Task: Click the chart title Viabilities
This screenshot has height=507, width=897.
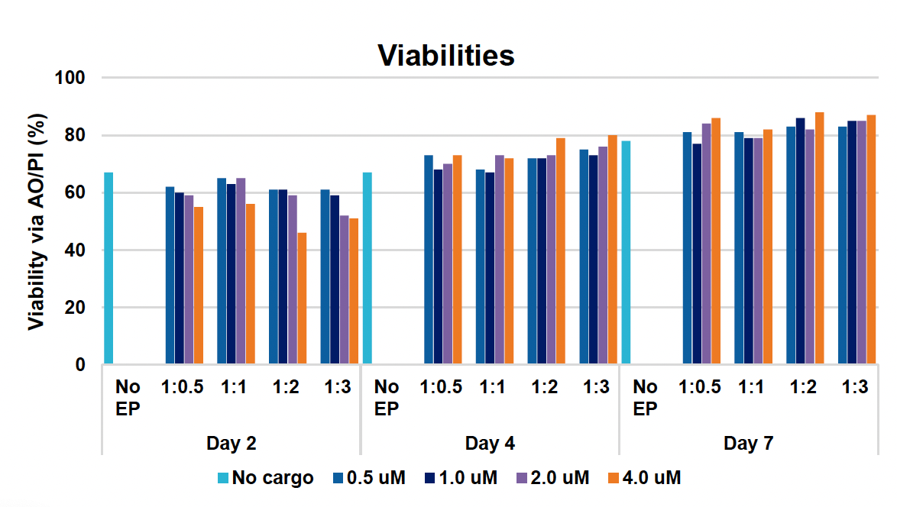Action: point(447,55)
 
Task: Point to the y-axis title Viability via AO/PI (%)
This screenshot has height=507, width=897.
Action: point(36,221)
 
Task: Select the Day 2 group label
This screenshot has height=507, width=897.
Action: point(231,444)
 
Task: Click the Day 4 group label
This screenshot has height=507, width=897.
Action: point(489,444)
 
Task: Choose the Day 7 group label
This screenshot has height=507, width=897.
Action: point(748,444)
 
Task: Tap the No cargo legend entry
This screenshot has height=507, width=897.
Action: point(264,479)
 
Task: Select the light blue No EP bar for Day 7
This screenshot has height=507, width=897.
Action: point(626,253)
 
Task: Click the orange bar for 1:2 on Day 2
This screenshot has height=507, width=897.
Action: point(302,299)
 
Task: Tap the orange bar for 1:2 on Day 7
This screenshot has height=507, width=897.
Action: point(819,238)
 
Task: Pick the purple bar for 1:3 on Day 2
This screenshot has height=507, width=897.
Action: point(344,290)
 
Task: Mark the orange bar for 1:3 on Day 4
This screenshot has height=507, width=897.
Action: point(612,250)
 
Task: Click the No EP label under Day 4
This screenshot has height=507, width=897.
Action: point(387,397)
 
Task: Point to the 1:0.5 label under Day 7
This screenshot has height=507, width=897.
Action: point(700,387)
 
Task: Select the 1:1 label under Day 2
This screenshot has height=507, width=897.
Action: point(234,387)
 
